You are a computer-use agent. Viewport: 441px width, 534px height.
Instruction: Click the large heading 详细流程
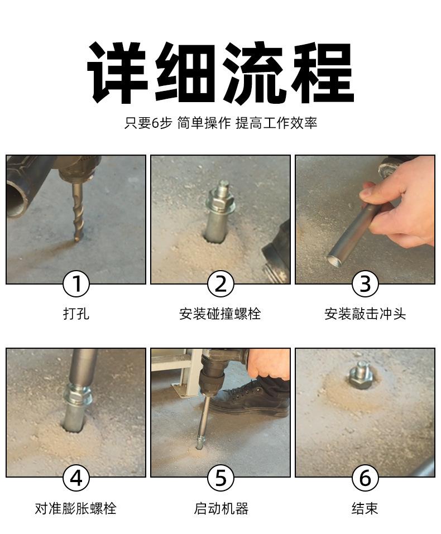pos(220,72)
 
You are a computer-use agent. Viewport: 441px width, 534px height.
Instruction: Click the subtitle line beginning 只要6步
pos(220,123)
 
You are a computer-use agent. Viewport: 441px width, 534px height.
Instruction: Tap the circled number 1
pos(76,284)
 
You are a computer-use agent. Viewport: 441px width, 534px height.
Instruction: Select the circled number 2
pos(220,284)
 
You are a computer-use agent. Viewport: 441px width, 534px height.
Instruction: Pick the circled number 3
pos(365,284)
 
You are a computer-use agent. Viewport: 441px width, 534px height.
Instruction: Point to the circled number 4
pos(76,477)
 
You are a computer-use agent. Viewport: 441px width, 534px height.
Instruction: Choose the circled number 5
pos(220,477)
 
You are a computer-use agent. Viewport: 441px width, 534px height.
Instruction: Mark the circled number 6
pos(365,477)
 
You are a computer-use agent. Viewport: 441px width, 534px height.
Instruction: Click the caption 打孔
pos(76,314)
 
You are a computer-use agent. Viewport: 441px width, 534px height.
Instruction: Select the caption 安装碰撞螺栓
pos(220,314)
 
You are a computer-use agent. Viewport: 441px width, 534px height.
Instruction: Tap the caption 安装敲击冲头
pos(365,314)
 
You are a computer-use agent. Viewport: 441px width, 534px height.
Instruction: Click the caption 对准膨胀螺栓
pos(76,508)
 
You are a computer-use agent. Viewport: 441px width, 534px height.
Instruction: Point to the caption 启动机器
pos(221,508)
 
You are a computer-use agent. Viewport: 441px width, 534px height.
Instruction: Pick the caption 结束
pos(365,508)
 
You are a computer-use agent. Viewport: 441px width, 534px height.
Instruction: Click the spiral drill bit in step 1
pos(78,211)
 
